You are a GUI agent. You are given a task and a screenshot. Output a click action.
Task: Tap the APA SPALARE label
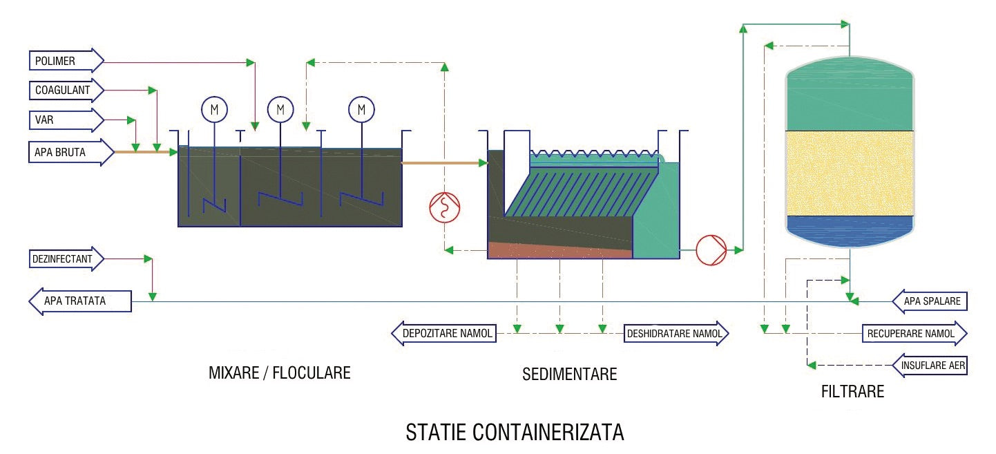[930, 302]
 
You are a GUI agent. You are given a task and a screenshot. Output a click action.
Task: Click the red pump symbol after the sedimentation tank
[711, 249]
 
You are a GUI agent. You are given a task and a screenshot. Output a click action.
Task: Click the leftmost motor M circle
[214, 109]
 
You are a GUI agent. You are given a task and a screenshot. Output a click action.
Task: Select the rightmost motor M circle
[361, 109]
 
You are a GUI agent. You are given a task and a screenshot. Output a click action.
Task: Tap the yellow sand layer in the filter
[850, 173]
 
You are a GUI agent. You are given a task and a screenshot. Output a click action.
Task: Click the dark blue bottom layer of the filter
[850, 227]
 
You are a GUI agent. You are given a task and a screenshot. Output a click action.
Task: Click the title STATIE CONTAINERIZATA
[515, 433]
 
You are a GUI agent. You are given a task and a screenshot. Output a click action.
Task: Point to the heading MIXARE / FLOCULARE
[279, 373]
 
